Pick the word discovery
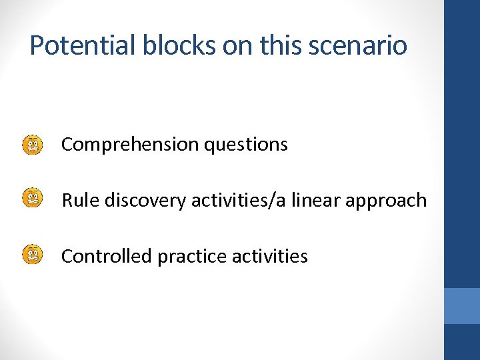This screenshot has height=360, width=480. click(146, 201)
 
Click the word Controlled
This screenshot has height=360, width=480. click(107, 257)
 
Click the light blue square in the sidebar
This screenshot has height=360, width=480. click(462, 306)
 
